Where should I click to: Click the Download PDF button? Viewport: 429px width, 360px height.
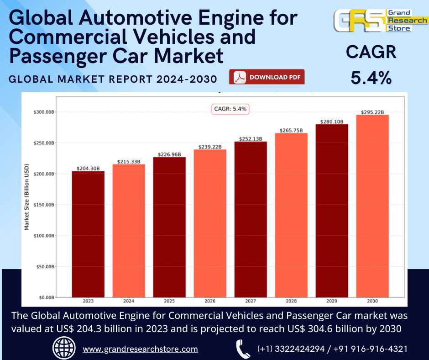pos(267,77)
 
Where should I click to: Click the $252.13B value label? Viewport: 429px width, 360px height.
pos(251,139)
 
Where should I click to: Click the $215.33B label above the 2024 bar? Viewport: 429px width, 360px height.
pos(129,161)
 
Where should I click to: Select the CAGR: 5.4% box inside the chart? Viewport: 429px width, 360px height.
pos(230,109)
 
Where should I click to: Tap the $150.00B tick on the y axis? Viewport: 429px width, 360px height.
pos(44,205)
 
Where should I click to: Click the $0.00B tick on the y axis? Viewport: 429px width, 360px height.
pos(46,297)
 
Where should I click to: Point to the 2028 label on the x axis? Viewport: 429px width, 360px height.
pos(291,302)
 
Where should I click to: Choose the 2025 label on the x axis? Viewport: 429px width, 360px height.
pos(169,302)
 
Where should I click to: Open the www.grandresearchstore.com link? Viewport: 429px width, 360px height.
pos(140,349)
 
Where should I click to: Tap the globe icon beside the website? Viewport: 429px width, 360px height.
pos(64,349)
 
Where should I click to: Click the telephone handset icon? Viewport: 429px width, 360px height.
pos(243,349)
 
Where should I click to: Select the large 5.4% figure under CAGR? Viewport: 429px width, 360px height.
pos(371,78)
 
